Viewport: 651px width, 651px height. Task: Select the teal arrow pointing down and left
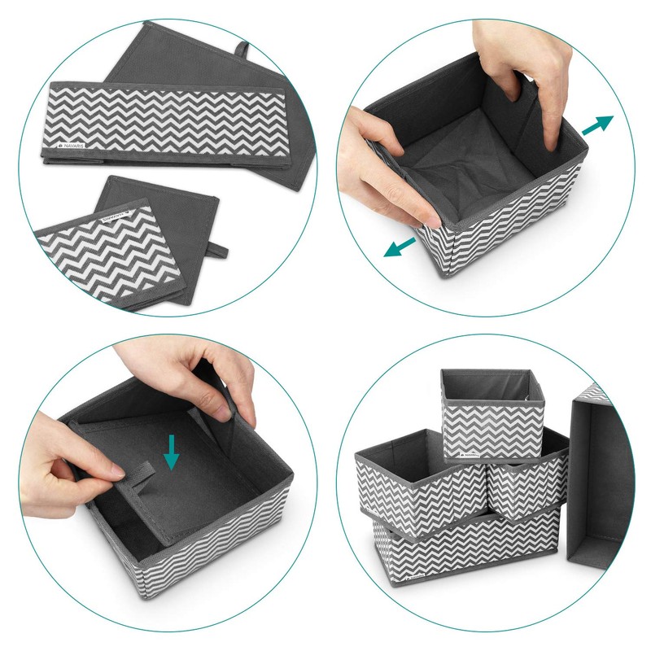pos(398,246)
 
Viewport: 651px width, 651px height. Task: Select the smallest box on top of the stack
pos(491,415)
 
